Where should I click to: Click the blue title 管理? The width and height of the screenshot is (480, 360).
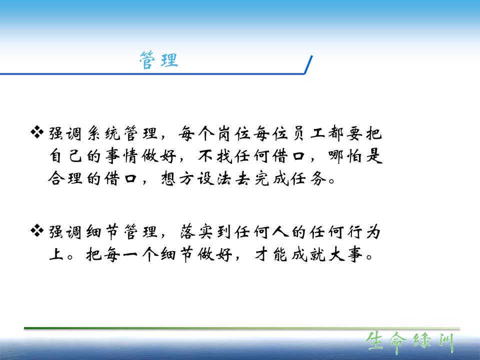click(158, 60)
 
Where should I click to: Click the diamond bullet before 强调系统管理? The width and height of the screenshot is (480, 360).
click(37, 132)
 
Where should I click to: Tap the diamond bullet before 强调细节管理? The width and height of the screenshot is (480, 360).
click(37, 230)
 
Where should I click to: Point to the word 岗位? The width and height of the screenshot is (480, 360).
click(234, 133)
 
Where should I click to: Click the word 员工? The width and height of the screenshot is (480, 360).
click(308, 133)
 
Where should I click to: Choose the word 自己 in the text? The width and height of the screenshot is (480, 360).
click(66, 156)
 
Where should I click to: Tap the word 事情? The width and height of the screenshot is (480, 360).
click(122, 156)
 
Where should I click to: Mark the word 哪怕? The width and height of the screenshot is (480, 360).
click(345, 156)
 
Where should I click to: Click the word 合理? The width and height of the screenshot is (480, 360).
click(65, 178)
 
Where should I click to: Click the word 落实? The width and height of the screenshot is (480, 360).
click(196, 231)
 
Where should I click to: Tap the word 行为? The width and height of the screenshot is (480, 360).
click(364, 231)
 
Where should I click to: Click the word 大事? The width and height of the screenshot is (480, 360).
click(345, 254)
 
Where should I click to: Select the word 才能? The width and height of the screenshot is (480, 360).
click(271, 254)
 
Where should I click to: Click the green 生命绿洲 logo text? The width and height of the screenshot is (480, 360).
click(410, 342)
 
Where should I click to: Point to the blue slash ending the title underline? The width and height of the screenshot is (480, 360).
click(308, 64)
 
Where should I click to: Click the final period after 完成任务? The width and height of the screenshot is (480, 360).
click(332, 181)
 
